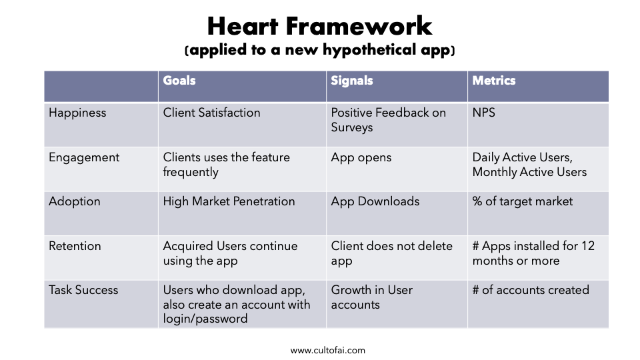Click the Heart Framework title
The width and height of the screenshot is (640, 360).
(x=319, y=27)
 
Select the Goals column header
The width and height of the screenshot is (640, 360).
(x=179, y=81)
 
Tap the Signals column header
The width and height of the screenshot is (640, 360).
(x=352, y=81)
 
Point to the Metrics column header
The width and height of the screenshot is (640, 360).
(x=494, y=81)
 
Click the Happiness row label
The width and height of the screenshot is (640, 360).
(x=77, y=113)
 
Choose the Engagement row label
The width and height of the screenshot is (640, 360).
(x=84, y=158)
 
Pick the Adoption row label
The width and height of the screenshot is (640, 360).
(x=74, y=201)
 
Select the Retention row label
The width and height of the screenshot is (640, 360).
(x=75, y=246)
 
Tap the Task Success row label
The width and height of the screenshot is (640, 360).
(x=83, y=290)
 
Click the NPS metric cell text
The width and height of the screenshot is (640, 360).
(x=484, y=113)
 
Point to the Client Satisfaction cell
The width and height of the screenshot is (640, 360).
(x=211, y=113)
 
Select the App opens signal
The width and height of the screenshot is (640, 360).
(x=361, y=158)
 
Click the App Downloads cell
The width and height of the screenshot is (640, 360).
(x=375, y=201)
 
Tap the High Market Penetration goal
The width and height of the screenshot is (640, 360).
(x=229, y=201)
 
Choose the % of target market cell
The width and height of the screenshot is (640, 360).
(x=523, y=201)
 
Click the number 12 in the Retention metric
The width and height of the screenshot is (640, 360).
(x=588, y=246)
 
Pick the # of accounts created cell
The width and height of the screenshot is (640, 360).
(x=531, y=290)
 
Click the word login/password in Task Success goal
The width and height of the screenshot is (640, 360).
(x=205, y=319)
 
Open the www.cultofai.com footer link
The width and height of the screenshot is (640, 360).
(x=328, y=351)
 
